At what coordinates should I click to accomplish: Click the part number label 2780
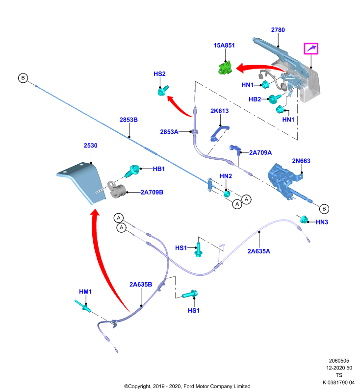click(x=278, y=30)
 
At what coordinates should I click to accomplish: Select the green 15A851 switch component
click(x=226, y=68)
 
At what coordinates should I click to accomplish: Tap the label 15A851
click(x=224, y=46)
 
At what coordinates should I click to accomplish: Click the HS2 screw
click(x=163, y=91)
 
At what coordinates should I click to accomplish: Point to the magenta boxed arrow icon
click(x=311, y=49)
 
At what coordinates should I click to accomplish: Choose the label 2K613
click(x=219, y=111)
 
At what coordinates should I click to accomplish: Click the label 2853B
click(x=129, y=120)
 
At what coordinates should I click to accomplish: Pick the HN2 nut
click(x=227, y=194)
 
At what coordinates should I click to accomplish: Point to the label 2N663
click(x=301, y=161)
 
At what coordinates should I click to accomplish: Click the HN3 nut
click(x=304, y=219)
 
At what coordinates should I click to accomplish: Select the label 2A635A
click(x=259, y=251)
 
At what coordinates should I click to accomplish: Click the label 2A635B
click(x=141, y=285)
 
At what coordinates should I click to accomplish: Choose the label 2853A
click(x=169, y=132)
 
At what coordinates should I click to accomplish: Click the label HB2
click(x=255, y=99)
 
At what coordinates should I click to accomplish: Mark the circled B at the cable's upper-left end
click(x=23, y=78)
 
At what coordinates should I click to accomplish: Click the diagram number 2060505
click(x=339, y=361)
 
